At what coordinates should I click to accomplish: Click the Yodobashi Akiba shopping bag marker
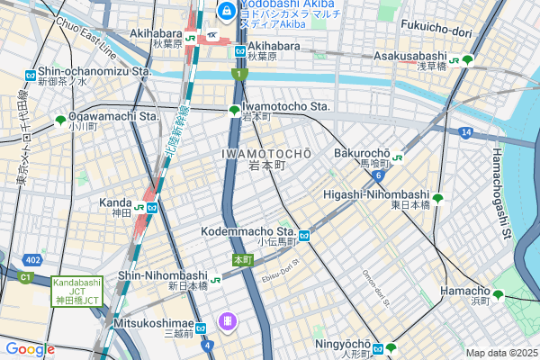pos(226,11)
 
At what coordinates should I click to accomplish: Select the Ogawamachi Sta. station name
pos(113,116)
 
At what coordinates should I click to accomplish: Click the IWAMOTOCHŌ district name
pos(266,154)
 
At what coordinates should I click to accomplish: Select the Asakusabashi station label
pos(413,56)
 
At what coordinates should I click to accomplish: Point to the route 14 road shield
pos(465,132)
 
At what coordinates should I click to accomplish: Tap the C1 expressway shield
pos(25,278)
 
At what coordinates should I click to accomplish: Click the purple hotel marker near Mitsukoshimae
pos(229,320)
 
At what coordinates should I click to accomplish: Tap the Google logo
pos(30,349)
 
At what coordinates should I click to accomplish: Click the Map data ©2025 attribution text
pos(501,352)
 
